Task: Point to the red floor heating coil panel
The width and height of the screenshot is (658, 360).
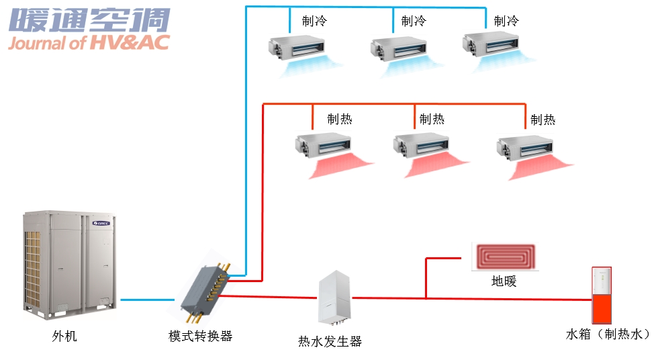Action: click(x=506, y=257)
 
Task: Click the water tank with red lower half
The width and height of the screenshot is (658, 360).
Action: click(x=602, y=295)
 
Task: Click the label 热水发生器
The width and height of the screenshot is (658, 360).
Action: click(x=330, y=341)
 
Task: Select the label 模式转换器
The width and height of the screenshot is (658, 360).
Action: click(x=200, y=336)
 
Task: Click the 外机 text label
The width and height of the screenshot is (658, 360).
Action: click(x=64, y=335)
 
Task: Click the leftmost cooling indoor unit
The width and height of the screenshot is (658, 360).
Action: click(x=293, y=46)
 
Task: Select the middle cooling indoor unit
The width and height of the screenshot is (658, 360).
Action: click(x=396, y=48)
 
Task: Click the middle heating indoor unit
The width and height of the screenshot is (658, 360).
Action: click(x=421, y=143)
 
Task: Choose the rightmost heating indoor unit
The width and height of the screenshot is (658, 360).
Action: click(x=524, y=146)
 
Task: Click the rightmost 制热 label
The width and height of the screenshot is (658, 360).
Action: click(x=543, y=120)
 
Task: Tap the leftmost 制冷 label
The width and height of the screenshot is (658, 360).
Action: click(x=314, y=21)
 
